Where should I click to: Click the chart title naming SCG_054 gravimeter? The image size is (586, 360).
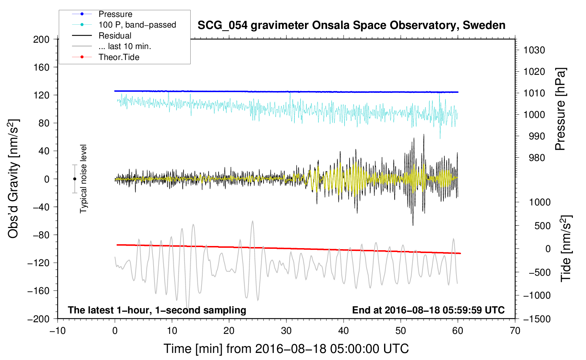click(x=351, y=25)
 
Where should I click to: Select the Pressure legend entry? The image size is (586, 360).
click(x=115, y=14)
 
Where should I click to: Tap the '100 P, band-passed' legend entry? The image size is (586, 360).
click(x=137, y=25)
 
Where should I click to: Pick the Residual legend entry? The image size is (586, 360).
click(x=115, y=36)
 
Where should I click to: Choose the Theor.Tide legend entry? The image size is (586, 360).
click(x=119, y=57)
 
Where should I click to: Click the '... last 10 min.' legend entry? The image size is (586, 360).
click(x=125, y=46)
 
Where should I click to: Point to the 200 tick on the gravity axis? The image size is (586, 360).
click(x=41, y=40)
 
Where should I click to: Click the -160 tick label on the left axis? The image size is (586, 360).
click(x=38, y=291)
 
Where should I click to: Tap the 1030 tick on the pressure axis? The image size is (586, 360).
click(x=534, y=50)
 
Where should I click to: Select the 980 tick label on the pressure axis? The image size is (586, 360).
click(x=537, y=158)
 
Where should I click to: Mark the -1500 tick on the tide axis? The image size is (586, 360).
click(x=537, y=319)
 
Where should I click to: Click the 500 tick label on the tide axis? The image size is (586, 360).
click(x=542, y=226)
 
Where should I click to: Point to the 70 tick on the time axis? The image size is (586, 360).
click(x=515, y=331)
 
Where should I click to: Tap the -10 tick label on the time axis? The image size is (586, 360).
click(x=58, y=331)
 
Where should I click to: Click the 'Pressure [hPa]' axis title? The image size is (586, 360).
click(x=560, y=109)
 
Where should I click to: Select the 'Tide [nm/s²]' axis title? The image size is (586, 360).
click(x=566, y=248)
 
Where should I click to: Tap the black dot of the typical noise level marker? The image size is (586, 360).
click(x=74, y=179)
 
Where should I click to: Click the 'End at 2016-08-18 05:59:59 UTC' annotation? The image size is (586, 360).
click(x=428, y=310)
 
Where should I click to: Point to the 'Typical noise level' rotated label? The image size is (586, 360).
click(x=83, y=179)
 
